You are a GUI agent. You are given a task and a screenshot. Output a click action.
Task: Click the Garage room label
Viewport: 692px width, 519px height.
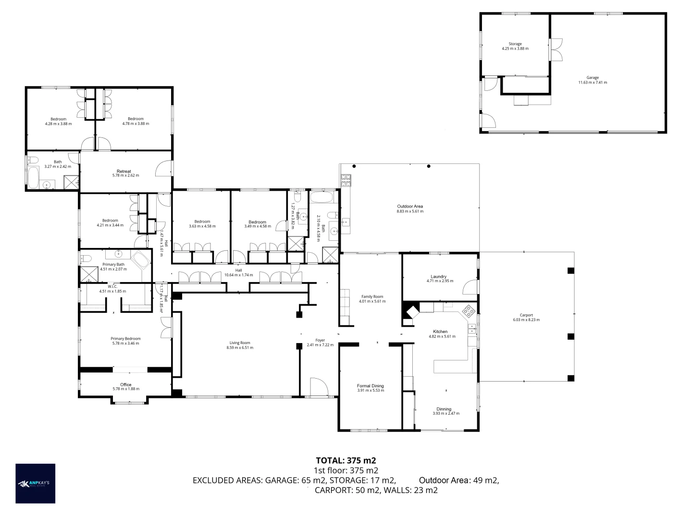592,77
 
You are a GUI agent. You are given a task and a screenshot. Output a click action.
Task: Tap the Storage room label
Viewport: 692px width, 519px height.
515,44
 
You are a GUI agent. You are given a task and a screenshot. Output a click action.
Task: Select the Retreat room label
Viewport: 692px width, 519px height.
124,171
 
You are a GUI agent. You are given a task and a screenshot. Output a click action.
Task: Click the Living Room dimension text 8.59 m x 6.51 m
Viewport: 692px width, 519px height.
239,347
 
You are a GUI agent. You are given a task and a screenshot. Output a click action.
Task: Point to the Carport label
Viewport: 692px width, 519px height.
526,315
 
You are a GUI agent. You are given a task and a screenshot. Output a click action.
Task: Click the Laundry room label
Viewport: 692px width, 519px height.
438,276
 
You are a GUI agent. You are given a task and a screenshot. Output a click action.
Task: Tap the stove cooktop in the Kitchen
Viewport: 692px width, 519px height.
469,311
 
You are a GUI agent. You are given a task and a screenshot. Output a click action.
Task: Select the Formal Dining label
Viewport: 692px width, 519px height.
370,385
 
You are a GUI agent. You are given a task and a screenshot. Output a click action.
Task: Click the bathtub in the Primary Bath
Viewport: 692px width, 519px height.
141,261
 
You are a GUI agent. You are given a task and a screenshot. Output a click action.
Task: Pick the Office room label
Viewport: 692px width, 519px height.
125,384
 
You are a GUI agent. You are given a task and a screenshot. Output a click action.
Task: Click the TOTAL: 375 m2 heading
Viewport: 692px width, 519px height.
346,460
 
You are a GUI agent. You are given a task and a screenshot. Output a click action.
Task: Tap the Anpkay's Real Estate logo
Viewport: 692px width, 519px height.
36,483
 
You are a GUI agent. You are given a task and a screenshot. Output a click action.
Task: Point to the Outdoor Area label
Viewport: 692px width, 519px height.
409,206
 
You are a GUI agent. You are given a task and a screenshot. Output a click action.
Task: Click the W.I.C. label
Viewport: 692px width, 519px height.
112,286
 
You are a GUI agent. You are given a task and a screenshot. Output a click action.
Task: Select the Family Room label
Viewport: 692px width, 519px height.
372,297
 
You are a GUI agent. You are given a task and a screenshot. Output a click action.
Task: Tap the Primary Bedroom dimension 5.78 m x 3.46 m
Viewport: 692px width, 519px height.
125,343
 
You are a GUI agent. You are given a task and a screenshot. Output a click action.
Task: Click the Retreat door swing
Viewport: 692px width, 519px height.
163,169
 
